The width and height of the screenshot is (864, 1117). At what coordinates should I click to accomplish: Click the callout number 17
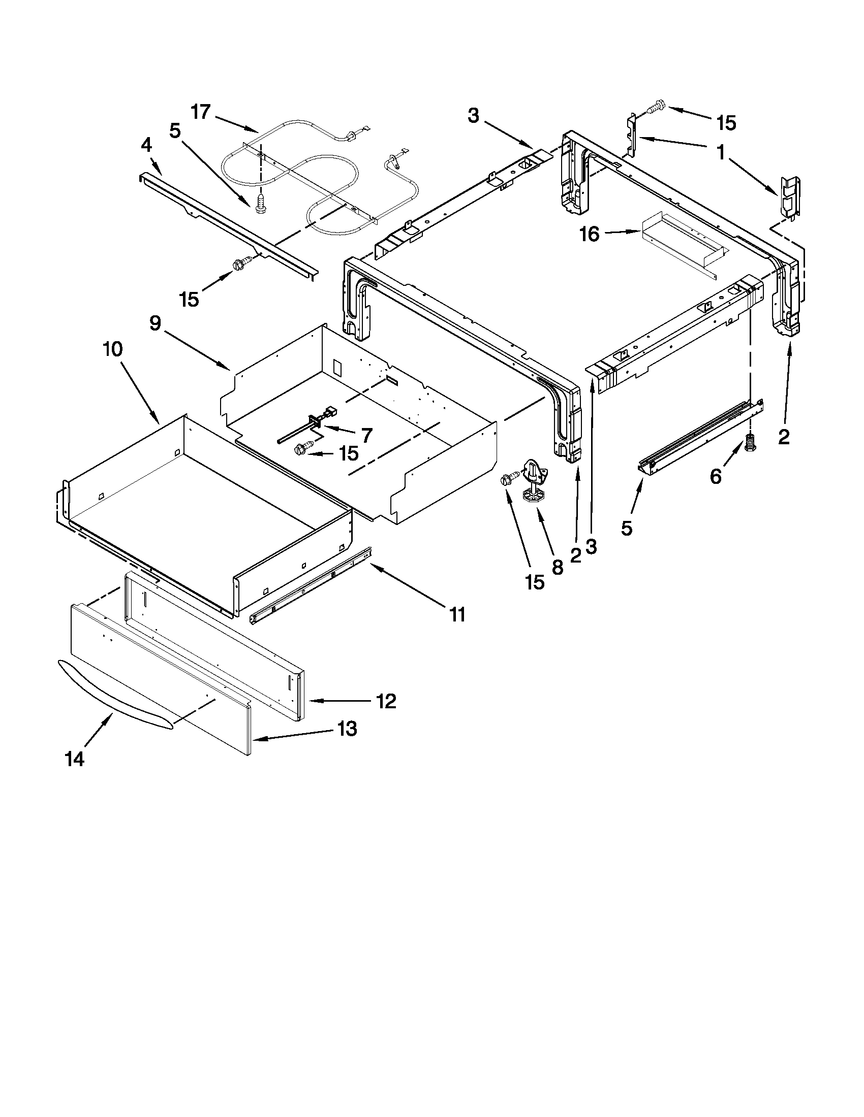tap(201, 112)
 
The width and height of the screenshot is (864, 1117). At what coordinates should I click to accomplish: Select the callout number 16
tap(589, 234)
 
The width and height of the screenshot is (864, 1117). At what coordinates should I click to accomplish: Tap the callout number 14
tap(75, 759)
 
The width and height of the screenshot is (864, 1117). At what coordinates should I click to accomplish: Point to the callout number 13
tap(347, 729)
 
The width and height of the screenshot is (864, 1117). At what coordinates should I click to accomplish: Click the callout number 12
tap(386, 701)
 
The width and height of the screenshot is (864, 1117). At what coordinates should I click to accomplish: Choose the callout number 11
tap(457, 614)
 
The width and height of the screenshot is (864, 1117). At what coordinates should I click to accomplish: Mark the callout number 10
tap(113, 349)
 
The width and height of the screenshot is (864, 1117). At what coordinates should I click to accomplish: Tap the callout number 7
tap(367, 435)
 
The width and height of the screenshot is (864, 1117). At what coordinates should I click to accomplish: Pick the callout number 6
tap(716, 477)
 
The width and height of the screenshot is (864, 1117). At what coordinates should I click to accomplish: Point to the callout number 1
tap(721, 152)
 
